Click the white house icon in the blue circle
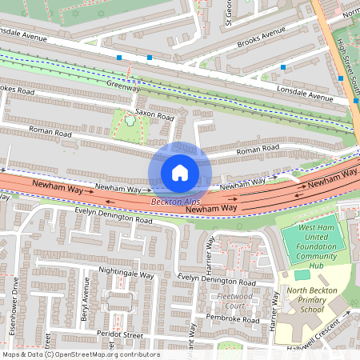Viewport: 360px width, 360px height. point(180,173)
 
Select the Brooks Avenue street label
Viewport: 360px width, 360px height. point(262,38)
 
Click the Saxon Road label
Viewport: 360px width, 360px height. point(154,115)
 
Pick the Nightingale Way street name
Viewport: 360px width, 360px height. point(126,272)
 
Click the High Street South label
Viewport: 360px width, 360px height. point(345,56)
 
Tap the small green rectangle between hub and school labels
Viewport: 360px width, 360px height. point(302,274)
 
